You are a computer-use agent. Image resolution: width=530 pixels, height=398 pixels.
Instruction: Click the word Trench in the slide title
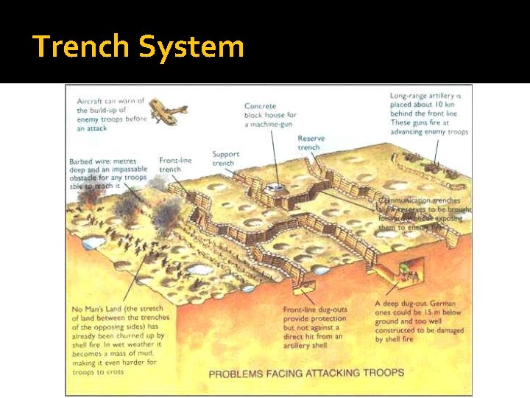81,46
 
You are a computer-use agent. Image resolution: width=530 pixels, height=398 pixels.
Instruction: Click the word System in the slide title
191,46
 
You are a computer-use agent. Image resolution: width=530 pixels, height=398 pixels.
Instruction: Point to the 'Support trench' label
225,158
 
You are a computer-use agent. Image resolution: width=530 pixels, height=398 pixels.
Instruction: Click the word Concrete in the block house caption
261,106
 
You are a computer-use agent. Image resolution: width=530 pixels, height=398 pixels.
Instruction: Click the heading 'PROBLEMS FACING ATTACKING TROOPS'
306,373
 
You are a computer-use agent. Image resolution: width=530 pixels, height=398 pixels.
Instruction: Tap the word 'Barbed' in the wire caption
83,161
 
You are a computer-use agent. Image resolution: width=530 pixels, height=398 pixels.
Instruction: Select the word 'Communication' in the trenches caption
403,200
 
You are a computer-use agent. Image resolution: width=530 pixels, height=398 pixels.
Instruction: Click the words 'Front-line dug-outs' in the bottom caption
314,310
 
